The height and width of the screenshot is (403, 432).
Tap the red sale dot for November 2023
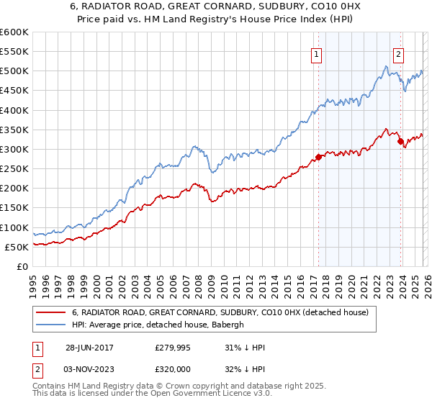(400, 142)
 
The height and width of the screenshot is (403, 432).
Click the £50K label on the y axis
(17, 247)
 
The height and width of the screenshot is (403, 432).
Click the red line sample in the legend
(52, 312)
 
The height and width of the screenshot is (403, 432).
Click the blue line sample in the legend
(52, 325)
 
